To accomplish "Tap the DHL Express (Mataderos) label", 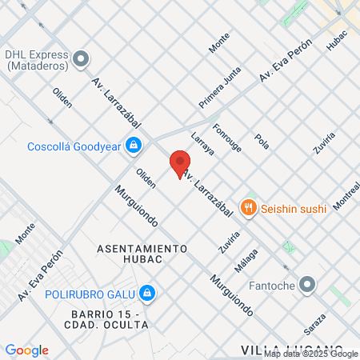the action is [x=35, y=60].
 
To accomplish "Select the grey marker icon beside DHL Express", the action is [x=81, y=59].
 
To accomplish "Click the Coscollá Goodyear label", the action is [x=73, y=146].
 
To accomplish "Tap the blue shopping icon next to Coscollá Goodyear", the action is [x=134, y=146].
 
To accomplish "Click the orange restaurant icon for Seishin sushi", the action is [x=249, y=208].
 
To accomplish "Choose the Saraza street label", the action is [x=314, y=324].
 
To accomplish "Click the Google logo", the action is [x=26, y=350].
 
